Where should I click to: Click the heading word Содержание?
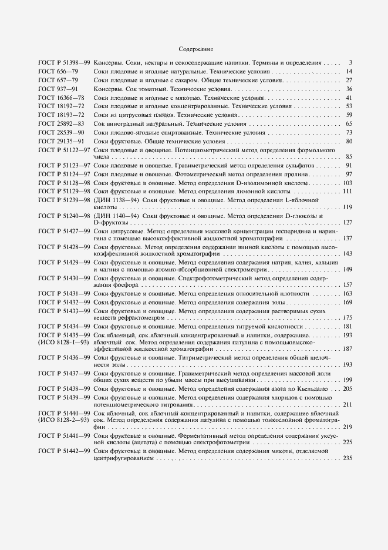195,49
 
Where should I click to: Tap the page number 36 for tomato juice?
349,89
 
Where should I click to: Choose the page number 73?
349,133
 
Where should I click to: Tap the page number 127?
347,223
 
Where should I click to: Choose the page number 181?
347,326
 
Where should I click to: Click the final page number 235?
347,458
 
